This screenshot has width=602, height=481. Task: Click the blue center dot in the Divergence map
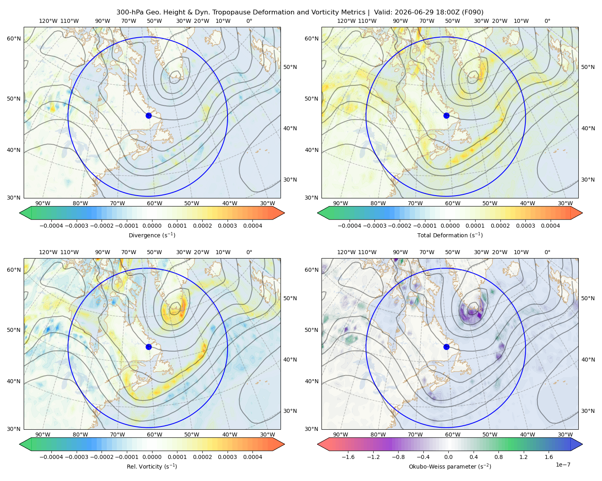tap(148, 115)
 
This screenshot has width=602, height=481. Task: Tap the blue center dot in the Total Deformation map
tap(446, 115)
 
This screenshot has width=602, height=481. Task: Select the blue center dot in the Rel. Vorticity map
tap(148, 347)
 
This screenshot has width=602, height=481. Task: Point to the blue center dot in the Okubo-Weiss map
tap(446, 347)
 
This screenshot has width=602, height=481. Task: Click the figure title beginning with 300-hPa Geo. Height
tap(300, 12)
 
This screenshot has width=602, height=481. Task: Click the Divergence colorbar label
tap(152, 235)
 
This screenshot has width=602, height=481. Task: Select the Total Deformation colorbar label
tap(450, 235)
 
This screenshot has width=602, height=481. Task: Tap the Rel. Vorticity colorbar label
tap(152, 467)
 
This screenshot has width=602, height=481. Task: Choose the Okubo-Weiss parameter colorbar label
tap(450, 467)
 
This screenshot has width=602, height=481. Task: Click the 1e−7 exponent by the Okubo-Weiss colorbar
tap(563, 465)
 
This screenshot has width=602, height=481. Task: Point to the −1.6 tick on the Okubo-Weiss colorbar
tap(348, 457)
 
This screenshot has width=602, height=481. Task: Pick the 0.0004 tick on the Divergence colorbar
tap(252, 226)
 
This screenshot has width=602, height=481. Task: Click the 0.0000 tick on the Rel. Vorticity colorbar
tap(152, 457)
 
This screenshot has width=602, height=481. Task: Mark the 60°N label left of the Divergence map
tap(14, 38)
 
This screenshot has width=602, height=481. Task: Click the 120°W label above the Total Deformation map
tap(346, 21)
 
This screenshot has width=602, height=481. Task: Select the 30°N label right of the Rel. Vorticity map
tap(290, 411)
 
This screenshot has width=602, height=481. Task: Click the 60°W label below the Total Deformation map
tap(453, 203)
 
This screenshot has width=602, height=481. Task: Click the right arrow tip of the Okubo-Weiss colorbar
tap(582, 444)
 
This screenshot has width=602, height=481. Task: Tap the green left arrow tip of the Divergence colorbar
tap(20, 213)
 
